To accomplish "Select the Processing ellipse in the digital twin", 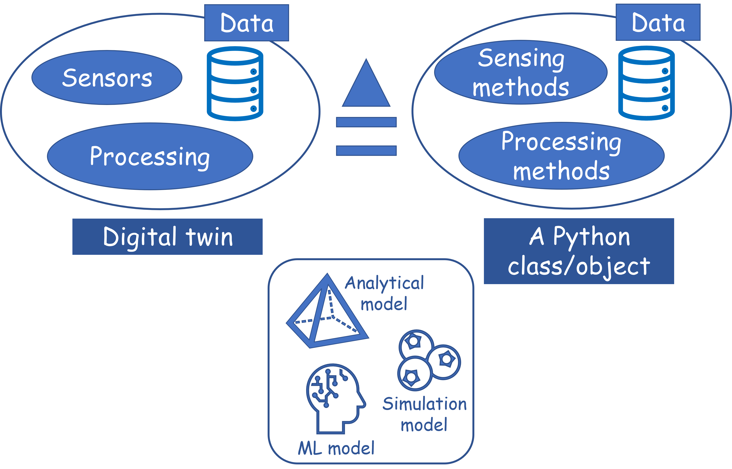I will point(150,156).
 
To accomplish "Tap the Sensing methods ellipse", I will point(521,72).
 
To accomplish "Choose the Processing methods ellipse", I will point(561,156).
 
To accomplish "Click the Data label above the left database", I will point(246,23).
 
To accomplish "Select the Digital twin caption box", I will point(167,237).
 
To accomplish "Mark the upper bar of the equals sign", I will point(366,122).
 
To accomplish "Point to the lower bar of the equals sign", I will point(366,150).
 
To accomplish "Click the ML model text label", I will point(336,449).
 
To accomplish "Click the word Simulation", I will point(425,404).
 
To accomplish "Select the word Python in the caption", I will point(591,237).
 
